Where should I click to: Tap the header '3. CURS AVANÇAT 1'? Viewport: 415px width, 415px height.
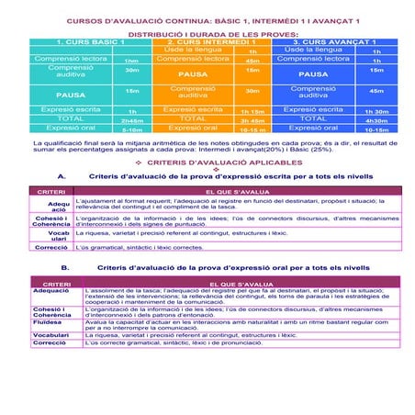click(x=335, y=42)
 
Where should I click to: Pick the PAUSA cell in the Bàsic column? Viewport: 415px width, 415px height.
click(x=70, y=93)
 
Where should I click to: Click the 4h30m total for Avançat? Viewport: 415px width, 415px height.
click(x=376, y=119)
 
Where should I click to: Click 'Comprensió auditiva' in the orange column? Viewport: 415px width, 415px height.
click(x=192, y=91)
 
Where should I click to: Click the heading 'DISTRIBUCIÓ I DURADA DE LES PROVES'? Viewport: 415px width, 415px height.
click(x=207, y=32)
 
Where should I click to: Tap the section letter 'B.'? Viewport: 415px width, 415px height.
click(x=65, y=267)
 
